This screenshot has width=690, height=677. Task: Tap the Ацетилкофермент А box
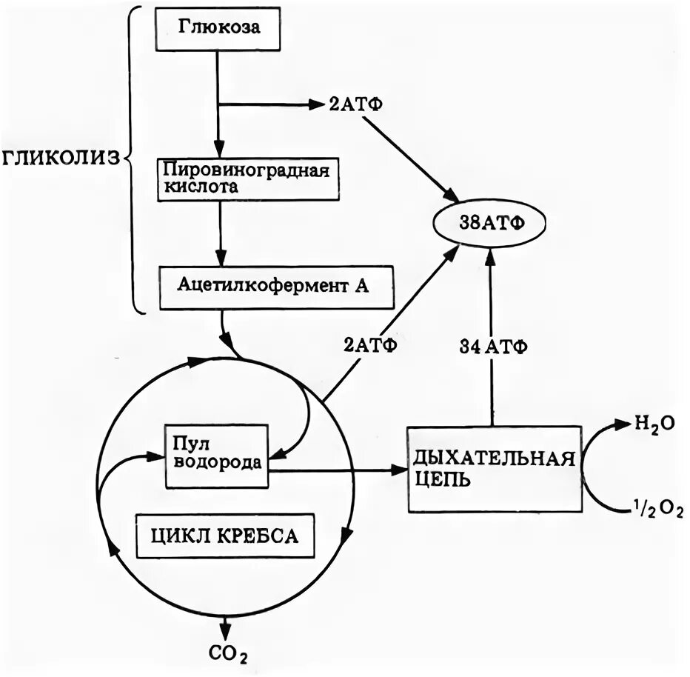click(x=273, y=287)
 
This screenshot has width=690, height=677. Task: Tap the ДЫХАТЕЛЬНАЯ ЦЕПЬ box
click(x=494, y=468)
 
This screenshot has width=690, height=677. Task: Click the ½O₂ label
click(x=656, y=510)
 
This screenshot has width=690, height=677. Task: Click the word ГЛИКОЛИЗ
click(x=61, y=159)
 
